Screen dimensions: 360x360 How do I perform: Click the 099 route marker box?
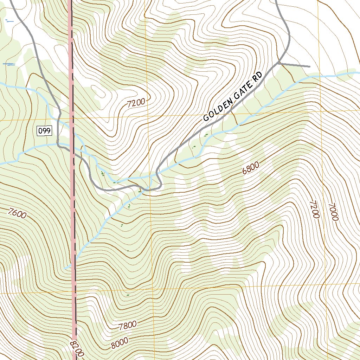point(45,131)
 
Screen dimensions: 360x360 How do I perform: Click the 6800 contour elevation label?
point(251,168)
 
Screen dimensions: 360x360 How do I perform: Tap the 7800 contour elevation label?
point(128,326)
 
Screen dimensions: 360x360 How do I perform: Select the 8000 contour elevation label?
point(120,343)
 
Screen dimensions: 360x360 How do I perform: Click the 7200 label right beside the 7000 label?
point(314,210)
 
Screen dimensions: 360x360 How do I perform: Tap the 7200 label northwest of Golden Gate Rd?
point(136,103)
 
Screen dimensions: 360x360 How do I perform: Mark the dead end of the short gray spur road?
point(310,66)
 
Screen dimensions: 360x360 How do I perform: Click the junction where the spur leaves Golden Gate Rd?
point(279,63)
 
